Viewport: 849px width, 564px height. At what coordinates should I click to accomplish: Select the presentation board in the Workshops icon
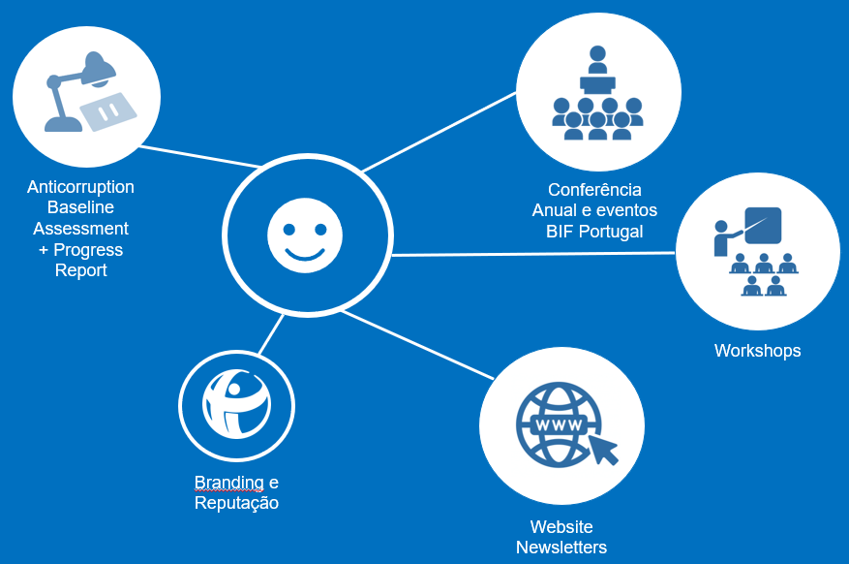coord(763,225)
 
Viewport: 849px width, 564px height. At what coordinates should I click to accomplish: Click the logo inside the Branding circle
coord(236,404)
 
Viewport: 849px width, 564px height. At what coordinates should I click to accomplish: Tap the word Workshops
coord(757,351)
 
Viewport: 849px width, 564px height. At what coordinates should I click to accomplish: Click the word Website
coord(561,527)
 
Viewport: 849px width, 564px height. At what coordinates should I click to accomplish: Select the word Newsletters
coord(561,548)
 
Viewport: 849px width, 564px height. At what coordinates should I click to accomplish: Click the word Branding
coord(228,483)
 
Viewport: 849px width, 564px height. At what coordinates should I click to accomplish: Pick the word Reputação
coord(236,503)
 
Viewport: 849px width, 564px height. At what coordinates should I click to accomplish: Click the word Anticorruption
coord(80,187)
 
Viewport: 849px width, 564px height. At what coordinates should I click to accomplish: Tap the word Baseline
coord(80,207)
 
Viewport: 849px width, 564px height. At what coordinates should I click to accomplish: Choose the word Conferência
coord(594,190)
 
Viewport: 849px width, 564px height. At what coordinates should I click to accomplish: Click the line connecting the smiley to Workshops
coord(532,254)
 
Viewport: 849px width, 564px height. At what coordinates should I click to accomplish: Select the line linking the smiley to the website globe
coord(416,344)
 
